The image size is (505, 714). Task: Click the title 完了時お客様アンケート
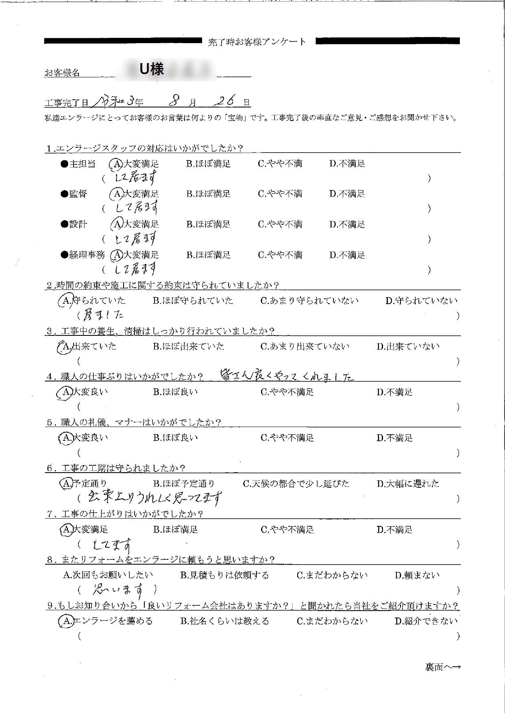coord(257,42)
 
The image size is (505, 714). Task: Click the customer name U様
coord(152,70)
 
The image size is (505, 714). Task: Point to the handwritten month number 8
coord(175,100)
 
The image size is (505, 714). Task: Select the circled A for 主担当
coord(116,164)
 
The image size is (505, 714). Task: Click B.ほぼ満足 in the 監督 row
coord(209,194)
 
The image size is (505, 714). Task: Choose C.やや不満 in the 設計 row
coord(280,225)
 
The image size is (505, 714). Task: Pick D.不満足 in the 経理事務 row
coord(347,255)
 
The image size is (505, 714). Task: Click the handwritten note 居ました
coord(103,314)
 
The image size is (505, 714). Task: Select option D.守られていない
coord(421,301)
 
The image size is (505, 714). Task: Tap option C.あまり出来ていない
coord(305,347)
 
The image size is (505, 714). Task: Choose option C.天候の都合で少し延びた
coord(296,484)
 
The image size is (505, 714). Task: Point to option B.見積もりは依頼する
coord(224,576)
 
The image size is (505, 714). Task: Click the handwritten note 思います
coord(118,589)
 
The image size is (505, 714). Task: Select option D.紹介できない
coord(426,621)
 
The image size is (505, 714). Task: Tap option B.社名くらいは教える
coord(224,621)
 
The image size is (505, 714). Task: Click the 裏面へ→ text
coord(443,667)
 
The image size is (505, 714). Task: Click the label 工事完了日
coord(66,103)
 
